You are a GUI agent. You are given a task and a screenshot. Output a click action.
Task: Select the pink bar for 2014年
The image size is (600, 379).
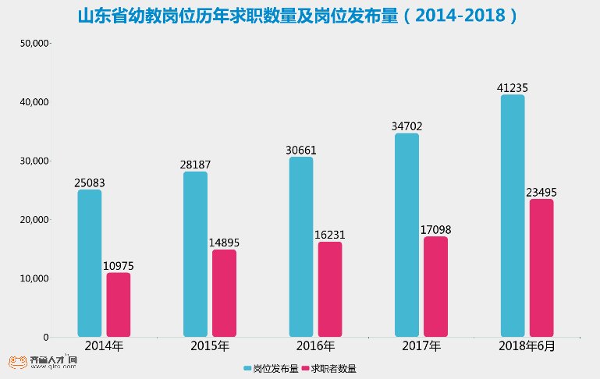click(x=119, y=305)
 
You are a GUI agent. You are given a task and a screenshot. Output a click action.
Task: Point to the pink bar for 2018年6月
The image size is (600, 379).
click(x=541, y=268)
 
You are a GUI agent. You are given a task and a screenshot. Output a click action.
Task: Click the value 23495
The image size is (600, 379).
click(x=541, y=193)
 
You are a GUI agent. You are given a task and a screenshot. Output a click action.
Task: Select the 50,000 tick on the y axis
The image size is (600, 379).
click(x=34, y=44)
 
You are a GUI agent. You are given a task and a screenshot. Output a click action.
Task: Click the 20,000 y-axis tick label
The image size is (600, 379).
click(x=34, y=220)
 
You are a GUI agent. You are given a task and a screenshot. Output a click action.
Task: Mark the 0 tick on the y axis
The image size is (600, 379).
click(x=45, y=338)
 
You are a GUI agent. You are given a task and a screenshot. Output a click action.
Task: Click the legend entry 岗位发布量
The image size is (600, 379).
click(x=270, y=368)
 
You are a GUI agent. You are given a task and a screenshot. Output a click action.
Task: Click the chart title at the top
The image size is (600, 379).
click(x=300, y=16)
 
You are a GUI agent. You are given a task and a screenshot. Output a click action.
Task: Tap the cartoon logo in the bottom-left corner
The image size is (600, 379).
click(x=16, y=362)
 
